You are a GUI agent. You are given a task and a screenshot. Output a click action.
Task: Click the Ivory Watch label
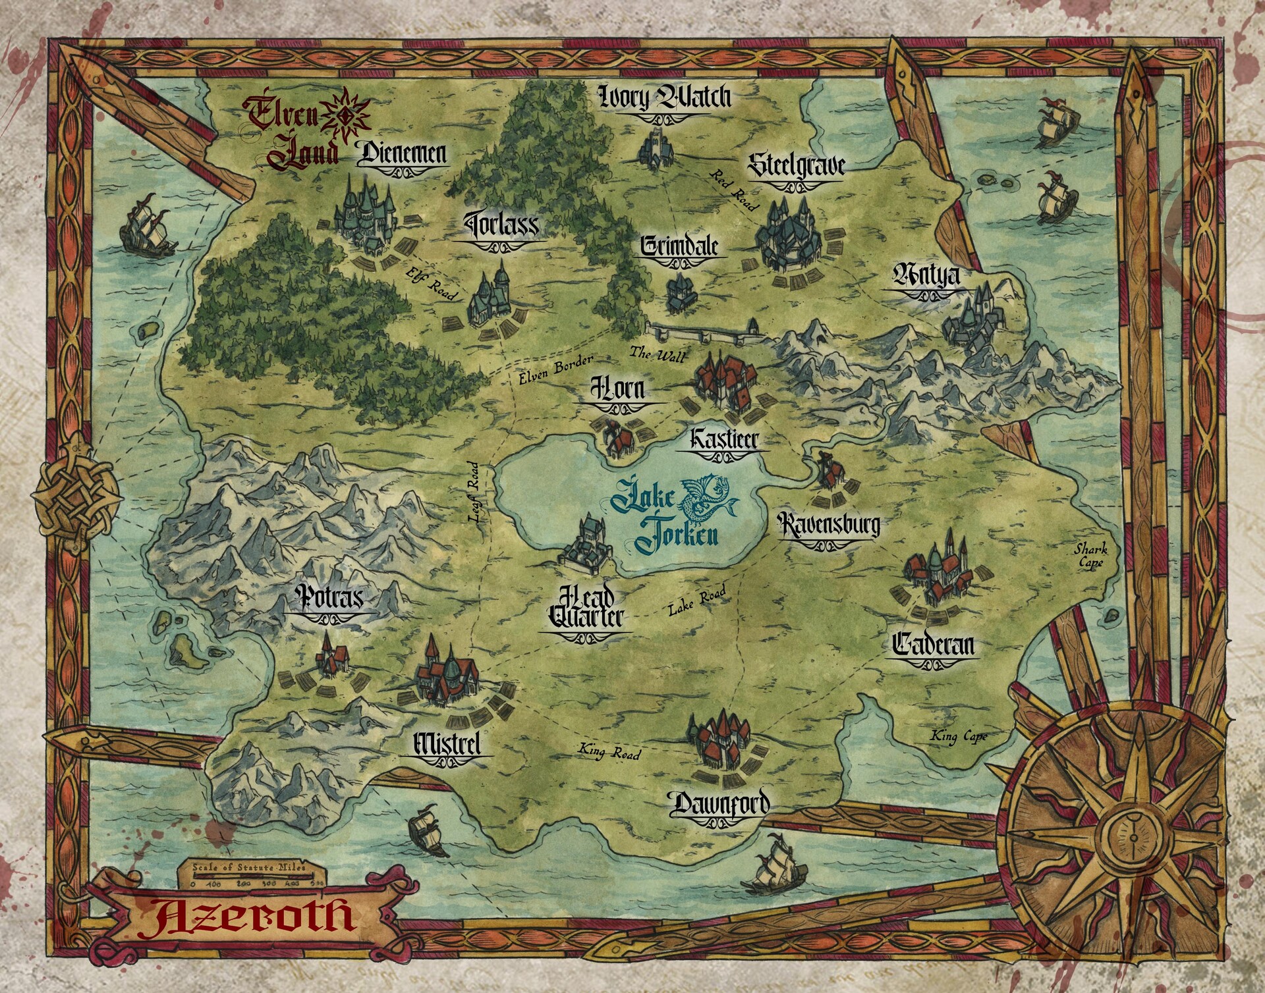pos(665,98)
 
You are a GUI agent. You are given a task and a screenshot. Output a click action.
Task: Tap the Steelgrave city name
pos(796,166)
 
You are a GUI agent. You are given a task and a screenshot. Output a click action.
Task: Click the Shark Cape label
pos(1090,555)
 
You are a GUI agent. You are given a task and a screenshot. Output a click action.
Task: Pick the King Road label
pos(609,751)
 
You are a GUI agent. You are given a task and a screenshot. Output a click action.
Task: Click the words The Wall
pos(658,354)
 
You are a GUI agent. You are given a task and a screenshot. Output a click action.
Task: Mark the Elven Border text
pos(555,369)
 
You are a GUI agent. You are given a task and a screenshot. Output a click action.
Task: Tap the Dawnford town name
pos(719,804)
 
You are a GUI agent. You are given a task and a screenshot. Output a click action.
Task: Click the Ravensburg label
pos(828,525)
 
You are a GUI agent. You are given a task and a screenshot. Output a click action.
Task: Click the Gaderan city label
pos(933,645)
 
